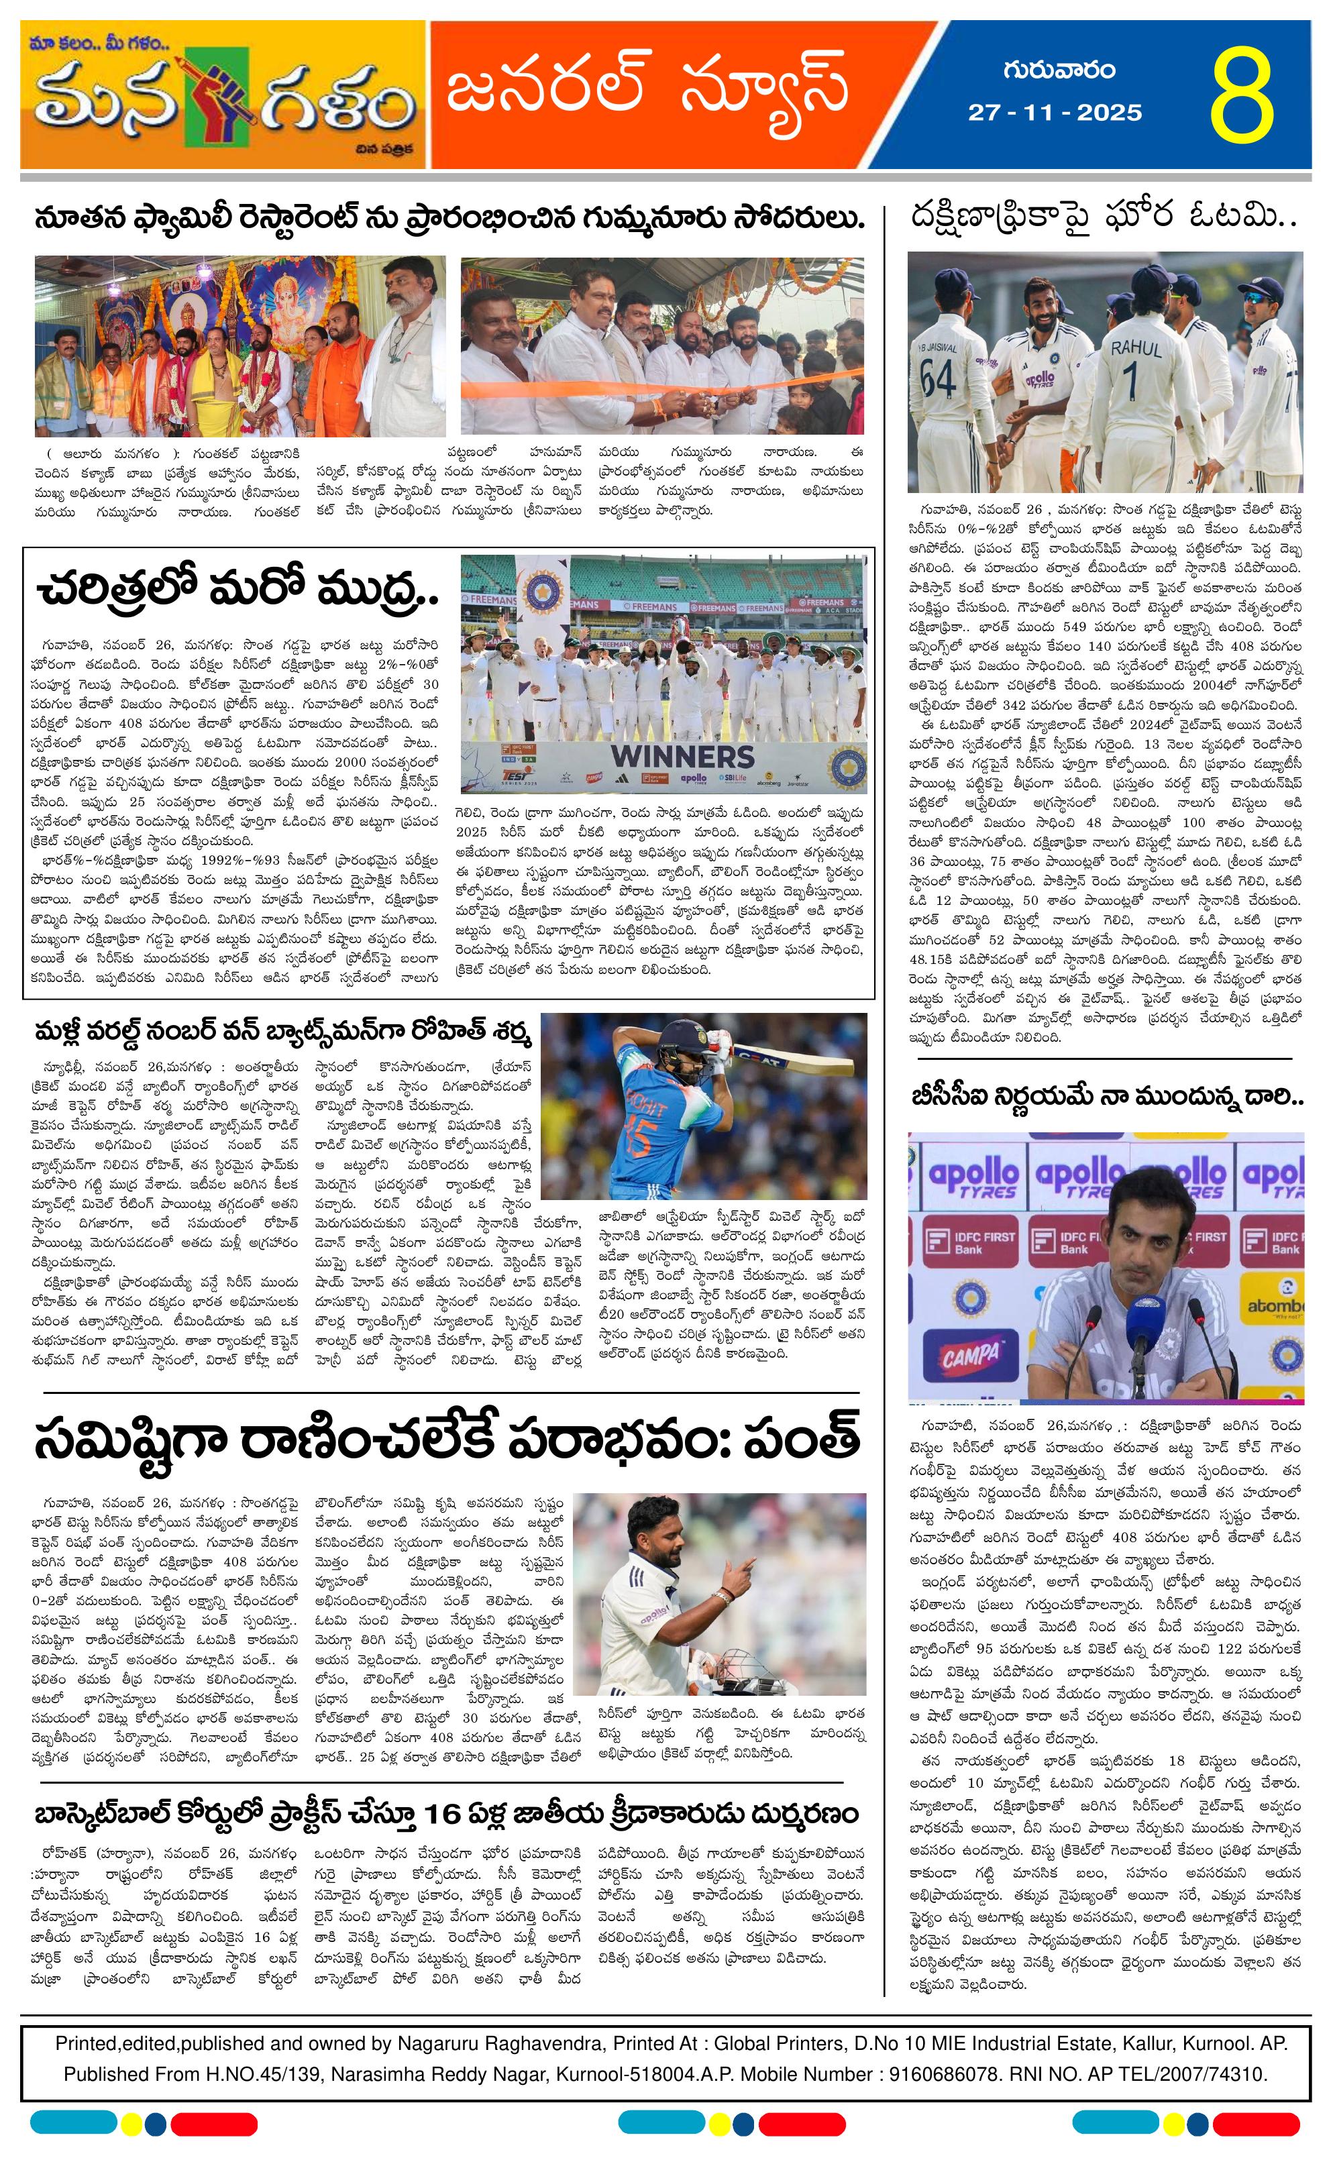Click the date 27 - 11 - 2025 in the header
[x=1055, y=113]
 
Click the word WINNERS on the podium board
[x=682, y=756]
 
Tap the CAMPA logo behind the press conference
[x=971, y=1355]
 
